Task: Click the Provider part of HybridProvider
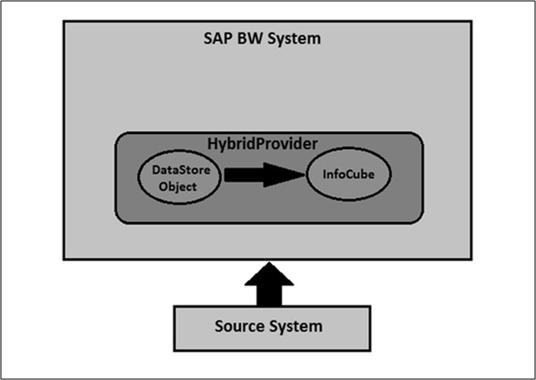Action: [285, 143]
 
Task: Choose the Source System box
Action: [269, 326]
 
